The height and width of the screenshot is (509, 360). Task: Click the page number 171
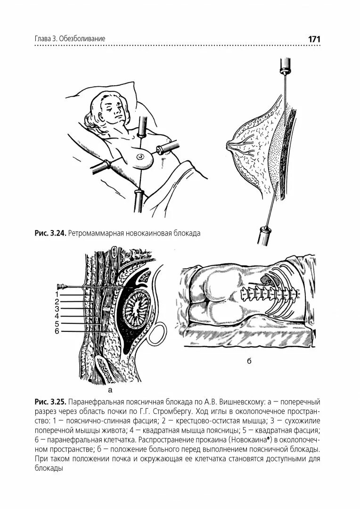(x=314, y=39)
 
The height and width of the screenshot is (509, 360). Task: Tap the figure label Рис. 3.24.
(x=50, y=233)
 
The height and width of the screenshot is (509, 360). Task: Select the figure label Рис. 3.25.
(x=50, y=402)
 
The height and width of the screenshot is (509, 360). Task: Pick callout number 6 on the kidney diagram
(x=56, y=331)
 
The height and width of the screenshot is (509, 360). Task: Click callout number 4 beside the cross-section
(x=56, y=316)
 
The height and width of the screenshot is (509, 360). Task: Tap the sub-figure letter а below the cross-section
(x=110, y=390)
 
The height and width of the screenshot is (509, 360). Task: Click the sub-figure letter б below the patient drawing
(x=249, y=361)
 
